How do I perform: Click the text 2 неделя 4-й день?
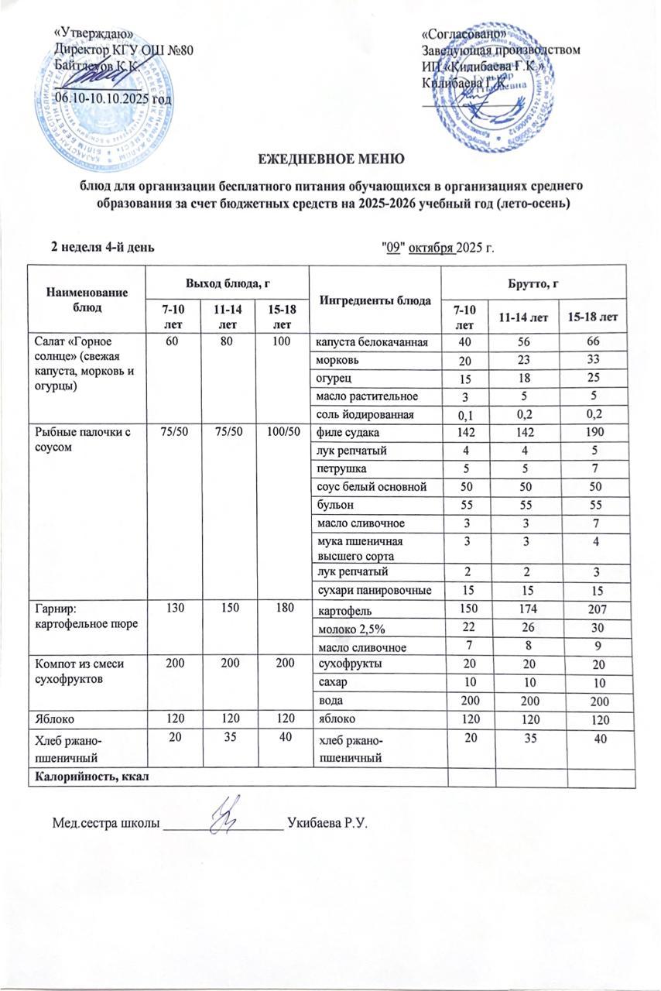point(101,247)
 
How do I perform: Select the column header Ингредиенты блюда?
point(375,300)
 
